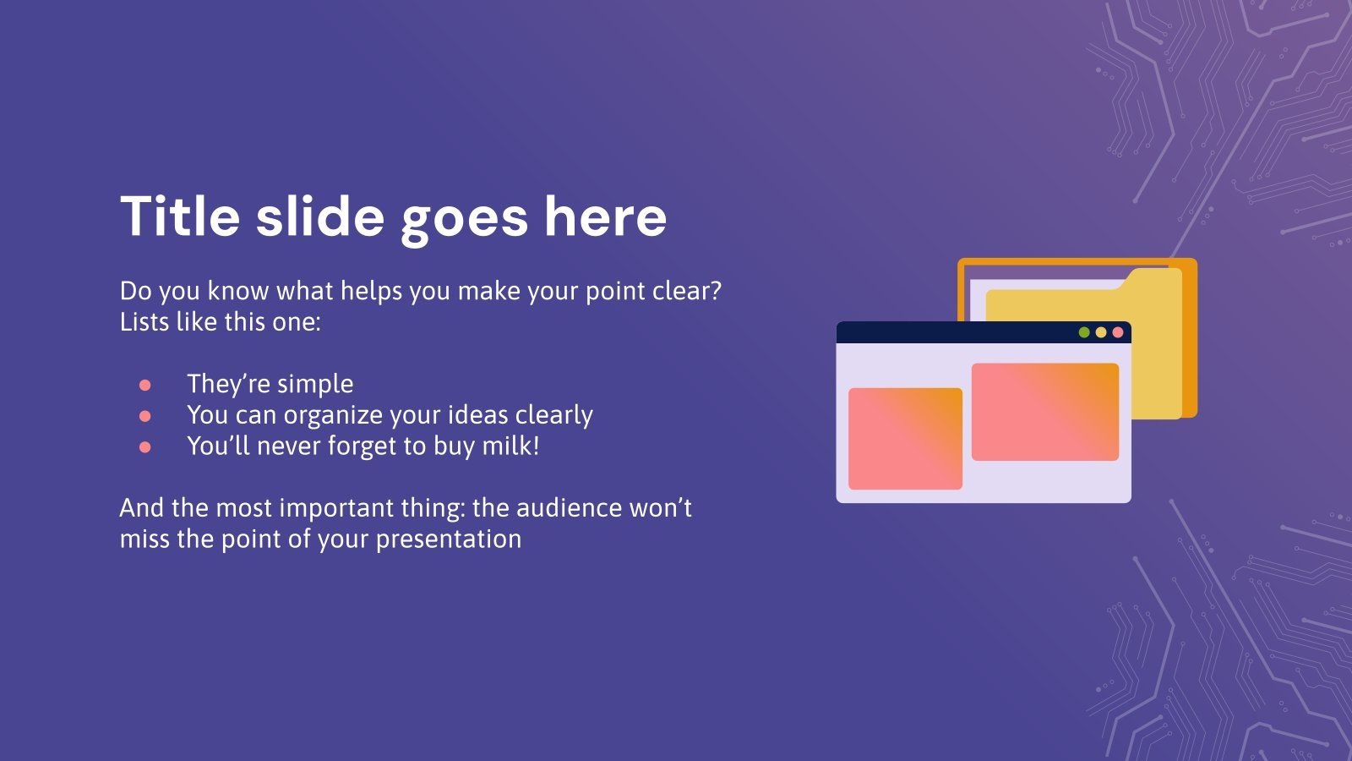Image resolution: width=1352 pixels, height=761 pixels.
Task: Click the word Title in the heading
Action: [x=181, y=216]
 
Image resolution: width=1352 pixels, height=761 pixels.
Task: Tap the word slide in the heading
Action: [x=320, y=216]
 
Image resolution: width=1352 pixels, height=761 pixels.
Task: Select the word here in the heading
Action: [x=605, y=216]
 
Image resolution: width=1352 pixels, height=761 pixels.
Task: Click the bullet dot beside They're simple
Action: [x=144, y=386]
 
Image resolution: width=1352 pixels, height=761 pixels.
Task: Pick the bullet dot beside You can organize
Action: [x=144, y=416]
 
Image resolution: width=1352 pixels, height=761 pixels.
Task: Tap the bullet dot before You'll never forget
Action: [x=144, y=447]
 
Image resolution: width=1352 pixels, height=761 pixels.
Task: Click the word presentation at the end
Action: [x=449, y=539]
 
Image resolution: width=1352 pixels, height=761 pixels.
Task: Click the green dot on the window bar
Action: [x=1084, y=332]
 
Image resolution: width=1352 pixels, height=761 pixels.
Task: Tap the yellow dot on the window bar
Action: [x=1101, y=332]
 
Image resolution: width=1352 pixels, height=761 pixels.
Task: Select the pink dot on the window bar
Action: [x=1118, y=332]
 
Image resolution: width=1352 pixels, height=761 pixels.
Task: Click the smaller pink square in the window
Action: [x=905, y=439]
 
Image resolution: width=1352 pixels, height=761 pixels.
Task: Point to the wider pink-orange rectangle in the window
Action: [x=1045, y=412]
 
